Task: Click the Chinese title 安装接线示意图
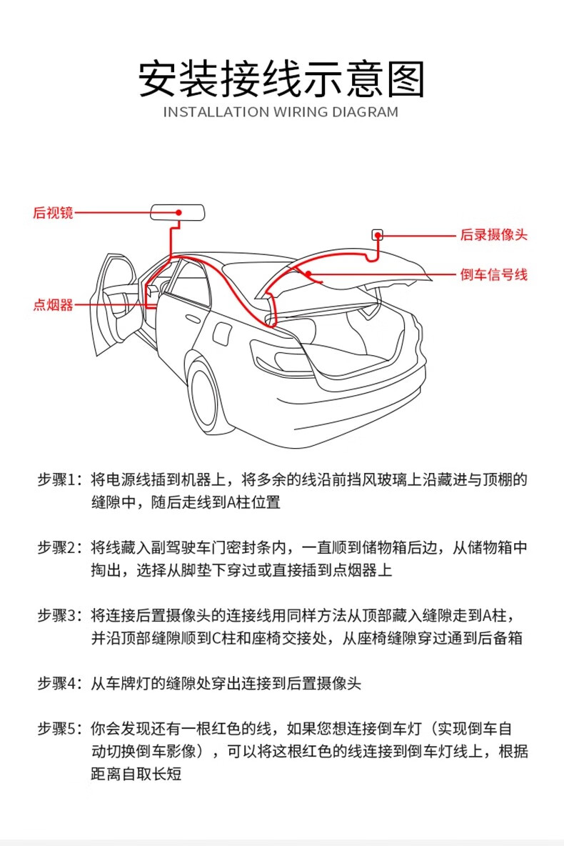[281, 79]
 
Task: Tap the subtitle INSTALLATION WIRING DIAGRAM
[281, 112]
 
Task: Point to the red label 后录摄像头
[493, 235]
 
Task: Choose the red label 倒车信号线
[493, 274]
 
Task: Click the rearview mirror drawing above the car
[178, 212]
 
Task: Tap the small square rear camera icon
[378, 234]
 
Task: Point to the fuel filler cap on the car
[224, 333]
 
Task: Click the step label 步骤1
[61, 479]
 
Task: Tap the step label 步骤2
[61, 548]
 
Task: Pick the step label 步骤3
[61, 615]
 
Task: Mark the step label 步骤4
[61, 683]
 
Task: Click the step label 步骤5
[61, 729]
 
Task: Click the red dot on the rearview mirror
[179, 212]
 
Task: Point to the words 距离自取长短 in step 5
[136, 774]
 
